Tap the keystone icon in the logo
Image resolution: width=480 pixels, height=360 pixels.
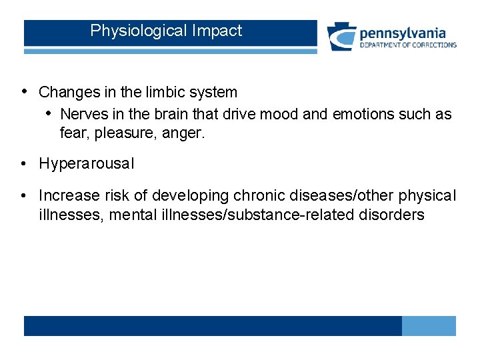coord(341,37)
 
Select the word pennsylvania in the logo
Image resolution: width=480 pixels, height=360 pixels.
coord(402,33)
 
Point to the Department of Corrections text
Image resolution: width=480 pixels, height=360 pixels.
coord(408,45)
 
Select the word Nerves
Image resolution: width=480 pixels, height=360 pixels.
coord(84,115)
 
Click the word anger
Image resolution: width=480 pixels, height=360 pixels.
coord(184,133)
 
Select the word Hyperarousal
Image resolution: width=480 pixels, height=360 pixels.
coord(87,164)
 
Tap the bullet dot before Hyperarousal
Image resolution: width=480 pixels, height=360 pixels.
coord(24,163)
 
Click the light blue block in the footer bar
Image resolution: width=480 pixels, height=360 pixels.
coord(429,326)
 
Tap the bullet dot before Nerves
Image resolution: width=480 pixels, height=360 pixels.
coord(49,114)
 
